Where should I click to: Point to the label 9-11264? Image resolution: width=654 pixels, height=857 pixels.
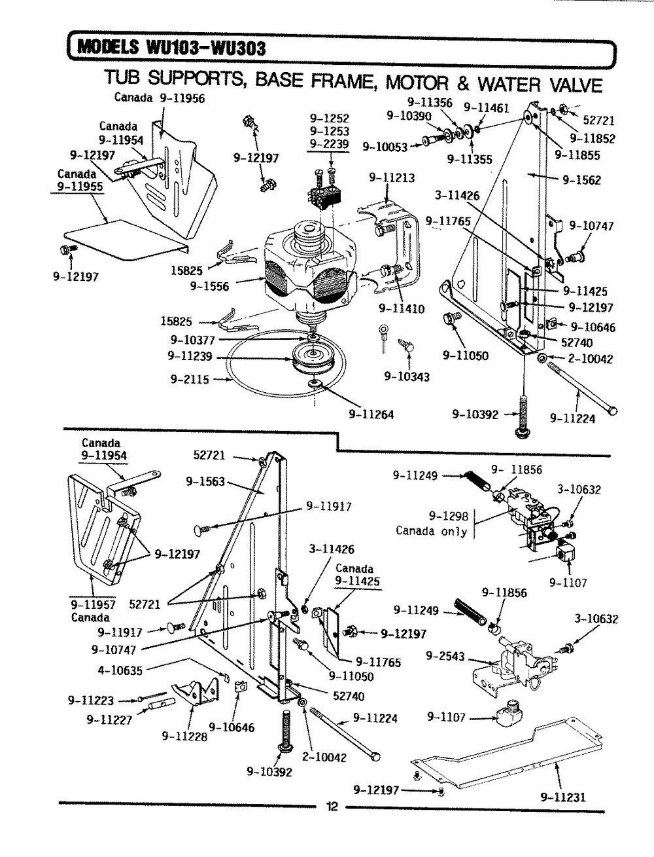click(371, 414)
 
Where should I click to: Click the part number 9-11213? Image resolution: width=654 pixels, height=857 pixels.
click(392, 177)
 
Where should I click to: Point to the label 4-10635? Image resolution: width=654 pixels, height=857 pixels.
click(120, 670)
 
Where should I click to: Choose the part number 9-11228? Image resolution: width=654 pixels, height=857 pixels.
click(185, 735)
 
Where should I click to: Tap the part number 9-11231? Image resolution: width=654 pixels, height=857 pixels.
click(562, 797)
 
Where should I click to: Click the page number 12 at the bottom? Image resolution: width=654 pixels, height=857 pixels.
click(331, 807)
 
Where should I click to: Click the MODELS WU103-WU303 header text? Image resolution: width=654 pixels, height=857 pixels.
click(170, 48)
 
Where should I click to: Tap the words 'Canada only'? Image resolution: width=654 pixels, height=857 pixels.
click(431, 531)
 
